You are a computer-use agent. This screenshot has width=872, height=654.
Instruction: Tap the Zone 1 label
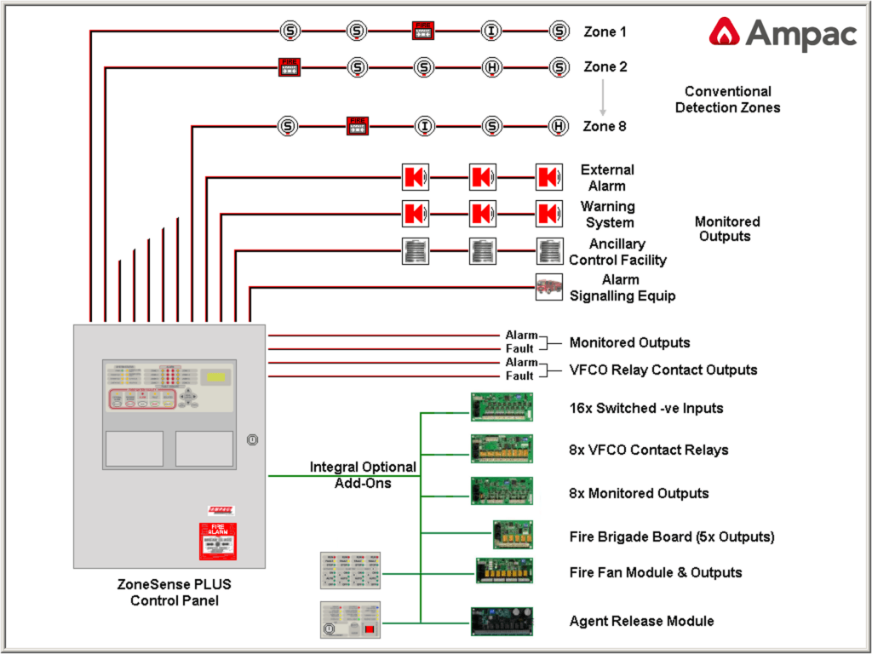pyautogui.click(x=605, y=32)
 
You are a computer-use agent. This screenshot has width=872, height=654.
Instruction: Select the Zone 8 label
pyautogui.click(x=605, y=126)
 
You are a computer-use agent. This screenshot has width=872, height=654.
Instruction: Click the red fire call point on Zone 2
pyautogui.click(x=289, y=66)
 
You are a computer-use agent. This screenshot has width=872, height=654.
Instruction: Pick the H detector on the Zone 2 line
pyautogui.click(x=491, y=66)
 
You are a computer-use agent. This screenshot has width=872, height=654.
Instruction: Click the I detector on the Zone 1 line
pyautogui.click(x=491, y=32)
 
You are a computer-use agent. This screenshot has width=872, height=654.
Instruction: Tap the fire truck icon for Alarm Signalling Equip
pyautogui.click(x=548, y=287)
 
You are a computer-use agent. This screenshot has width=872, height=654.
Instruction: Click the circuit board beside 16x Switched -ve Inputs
pyautogui.click(x=502, y=407)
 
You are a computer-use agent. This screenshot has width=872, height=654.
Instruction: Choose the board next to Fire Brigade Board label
pyautogui.click(x=513, y=534)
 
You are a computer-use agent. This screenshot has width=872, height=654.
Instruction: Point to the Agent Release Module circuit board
pyautogui.click(x=502, y=621)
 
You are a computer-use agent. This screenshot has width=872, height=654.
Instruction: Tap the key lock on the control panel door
pyautogui.click(x=251, y=440)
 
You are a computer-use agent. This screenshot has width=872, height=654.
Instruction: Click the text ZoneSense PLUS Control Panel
pyautogui.click(x=174, y=593)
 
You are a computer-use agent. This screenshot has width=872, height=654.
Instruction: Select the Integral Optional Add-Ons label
pyautogui.click(x=363, y=474)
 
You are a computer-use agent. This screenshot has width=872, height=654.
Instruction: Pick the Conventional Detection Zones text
pyautogui.click(x=727, y=100)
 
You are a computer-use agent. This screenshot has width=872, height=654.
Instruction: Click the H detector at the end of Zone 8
pyautogui.click(x=559, y=126)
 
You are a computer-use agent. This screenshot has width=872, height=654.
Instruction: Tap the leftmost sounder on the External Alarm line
pyautogui.click(x=415, y=177)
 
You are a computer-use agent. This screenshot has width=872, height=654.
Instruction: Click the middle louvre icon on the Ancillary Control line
pyautogui.click(x=482, y=251)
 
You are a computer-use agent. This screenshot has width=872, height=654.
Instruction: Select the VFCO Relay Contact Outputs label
pyautogui.click(x=663, y=370)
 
